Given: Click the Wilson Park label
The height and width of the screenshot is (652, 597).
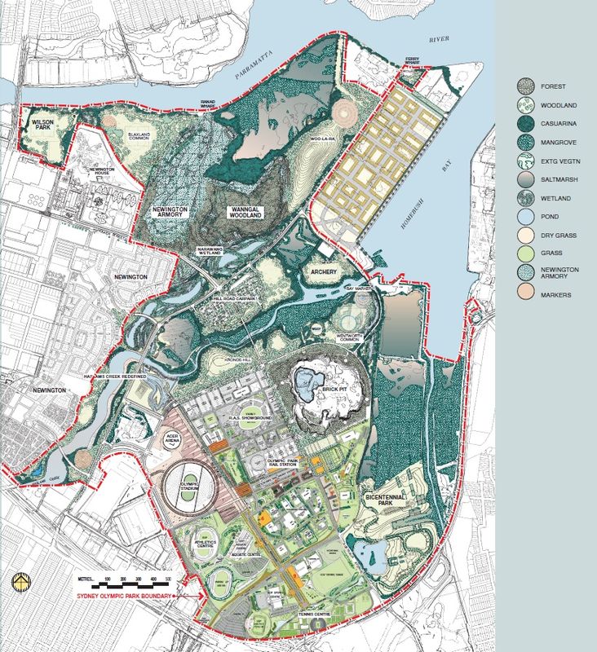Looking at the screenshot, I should [42, 124].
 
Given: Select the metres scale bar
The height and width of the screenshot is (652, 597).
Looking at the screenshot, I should [134, 584].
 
